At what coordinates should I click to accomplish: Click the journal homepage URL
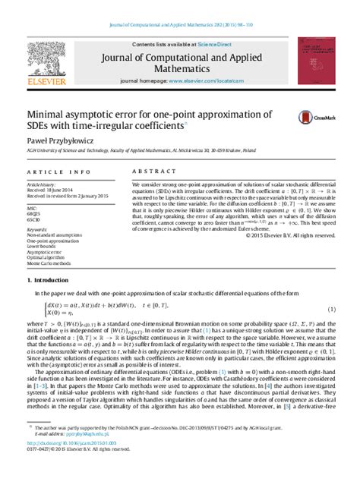point(212,79)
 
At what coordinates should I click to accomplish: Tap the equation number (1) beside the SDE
point(331,310)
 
